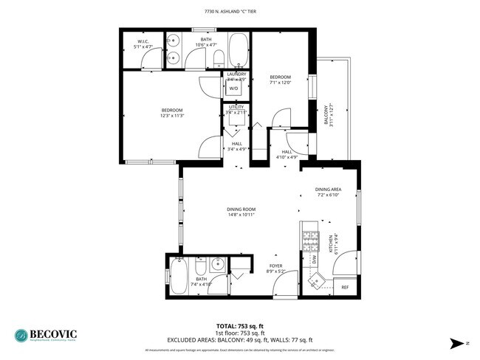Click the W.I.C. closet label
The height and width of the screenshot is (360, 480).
(142, 41)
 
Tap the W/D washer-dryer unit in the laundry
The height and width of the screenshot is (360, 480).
(233, 88)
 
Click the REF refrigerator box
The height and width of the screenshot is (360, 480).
(344, 286)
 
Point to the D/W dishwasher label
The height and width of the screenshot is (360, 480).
(314, 259)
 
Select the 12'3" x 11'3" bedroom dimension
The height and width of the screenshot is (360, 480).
(172, 115)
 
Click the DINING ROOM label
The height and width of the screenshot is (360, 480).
(241, 210)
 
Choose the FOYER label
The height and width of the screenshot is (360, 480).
(275, 266)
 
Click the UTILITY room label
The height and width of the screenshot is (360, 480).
(236, 107)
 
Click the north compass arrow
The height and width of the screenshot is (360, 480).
(455, 342)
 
